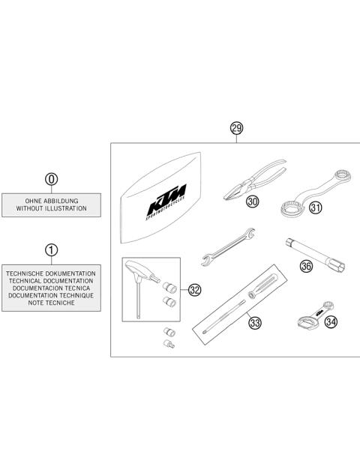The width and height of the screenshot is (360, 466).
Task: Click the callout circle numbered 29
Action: tap(236, 129)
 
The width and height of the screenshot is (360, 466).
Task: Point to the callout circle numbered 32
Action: tap(195, 290)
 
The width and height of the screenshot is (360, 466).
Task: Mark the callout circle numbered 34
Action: tap(331, 322)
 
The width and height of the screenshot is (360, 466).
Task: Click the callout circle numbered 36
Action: tap(306, 265)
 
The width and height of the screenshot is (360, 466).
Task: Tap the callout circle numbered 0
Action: tap(51, 180)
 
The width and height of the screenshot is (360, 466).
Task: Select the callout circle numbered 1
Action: tap(51, 249)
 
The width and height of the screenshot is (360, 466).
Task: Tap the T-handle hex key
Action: tap(140, 285)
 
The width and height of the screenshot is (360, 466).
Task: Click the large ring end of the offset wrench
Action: tap(291, 207)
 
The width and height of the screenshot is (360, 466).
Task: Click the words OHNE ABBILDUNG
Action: tap(51, 201)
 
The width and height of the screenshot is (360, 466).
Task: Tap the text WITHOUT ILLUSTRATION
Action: tap(51, 209)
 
